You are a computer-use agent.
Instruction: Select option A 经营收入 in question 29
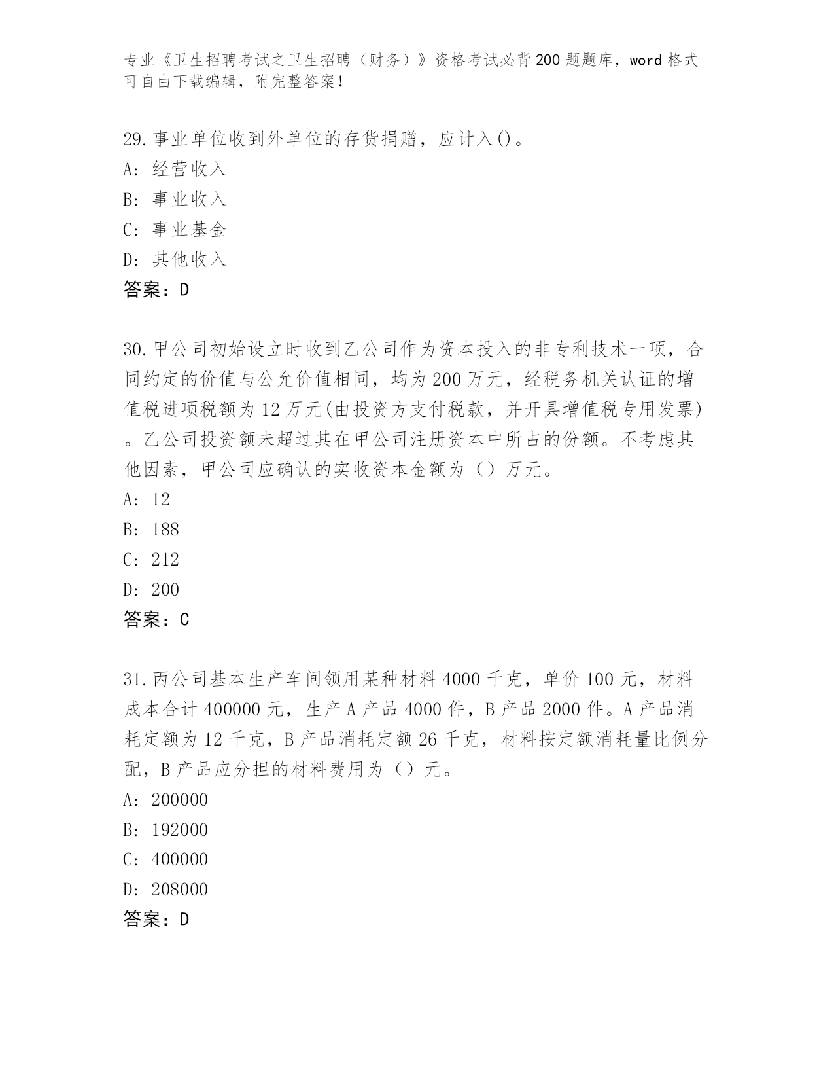tap(175, 170)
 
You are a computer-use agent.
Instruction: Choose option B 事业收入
tap(175, 200)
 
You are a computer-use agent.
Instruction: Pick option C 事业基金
tap(175, 230)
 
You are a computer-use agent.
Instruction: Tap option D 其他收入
tap(175, 260)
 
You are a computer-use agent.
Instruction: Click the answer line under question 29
tap(156, 290)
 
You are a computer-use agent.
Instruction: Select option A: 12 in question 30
tap(147, 500)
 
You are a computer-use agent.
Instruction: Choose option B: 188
tap(151, 530)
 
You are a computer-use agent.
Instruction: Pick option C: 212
tap(151, 560)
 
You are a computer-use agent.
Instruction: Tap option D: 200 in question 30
tap(151, 590)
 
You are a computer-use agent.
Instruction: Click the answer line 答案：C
tap(156, 620)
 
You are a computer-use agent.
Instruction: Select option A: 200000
tap(165, 801)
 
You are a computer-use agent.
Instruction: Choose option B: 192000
tap(165, 831)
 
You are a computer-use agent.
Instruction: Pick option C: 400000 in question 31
tap(165, 860)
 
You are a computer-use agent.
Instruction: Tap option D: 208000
tap(165, 890)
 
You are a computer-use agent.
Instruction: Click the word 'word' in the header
tap(646, 61)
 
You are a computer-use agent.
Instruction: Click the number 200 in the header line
tap(547, 61)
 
